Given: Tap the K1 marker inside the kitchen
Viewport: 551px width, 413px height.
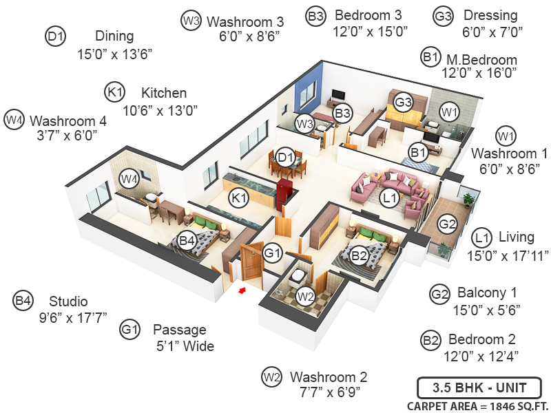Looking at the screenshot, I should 239,199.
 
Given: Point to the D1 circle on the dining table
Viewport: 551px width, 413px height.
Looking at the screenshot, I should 286,159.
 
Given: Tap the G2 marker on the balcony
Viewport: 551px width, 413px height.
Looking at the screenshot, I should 448,224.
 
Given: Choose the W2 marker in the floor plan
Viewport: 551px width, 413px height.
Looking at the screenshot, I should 306,297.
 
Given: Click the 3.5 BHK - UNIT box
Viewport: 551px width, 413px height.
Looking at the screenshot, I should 479,385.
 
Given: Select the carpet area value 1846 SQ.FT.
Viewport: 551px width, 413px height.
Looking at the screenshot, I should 505,405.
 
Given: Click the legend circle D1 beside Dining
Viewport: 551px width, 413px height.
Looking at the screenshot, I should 56,36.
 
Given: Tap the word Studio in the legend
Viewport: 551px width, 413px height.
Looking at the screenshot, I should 68,301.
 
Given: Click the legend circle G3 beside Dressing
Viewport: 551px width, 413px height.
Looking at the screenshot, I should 443,15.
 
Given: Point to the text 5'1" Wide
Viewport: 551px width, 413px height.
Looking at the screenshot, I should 185,346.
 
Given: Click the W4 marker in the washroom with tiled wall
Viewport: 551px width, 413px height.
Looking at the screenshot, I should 129,179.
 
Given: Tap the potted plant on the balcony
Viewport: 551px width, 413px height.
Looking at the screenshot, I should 469,199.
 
